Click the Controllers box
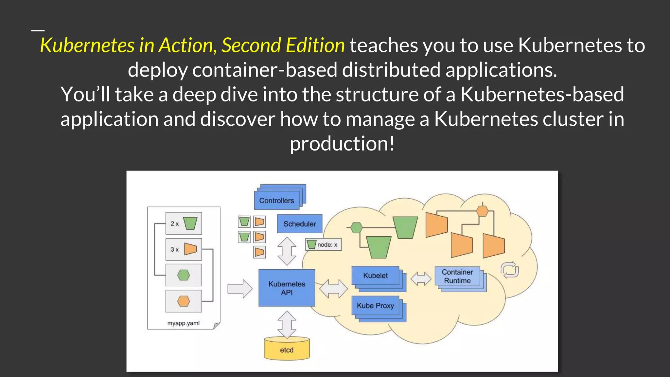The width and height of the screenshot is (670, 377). coord(277,200)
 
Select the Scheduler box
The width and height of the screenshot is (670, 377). coord(300,224)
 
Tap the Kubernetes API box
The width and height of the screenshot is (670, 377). coord(287,288)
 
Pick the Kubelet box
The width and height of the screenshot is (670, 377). coord(375,276)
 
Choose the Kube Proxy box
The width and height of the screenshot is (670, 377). coord(375,306)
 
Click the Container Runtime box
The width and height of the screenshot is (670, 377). coord(457,276)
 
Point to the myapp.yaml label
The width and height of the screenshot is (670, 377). coord(183,323)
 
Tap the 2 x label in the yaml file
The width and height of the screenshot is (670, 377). coord(174,224)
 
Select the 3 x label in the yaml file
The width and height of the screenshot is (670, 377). coord(174,249)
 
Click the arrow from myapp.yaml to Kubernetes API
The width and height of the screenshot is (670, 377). coord(240,289)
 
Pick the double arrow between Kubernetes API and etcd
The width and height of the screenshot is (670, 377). coord(287,324)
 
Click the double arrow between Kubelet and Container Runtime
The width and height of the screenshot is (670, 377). coord(421,279)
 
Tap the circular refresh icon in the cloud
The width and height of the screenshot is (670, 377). coord(510,270)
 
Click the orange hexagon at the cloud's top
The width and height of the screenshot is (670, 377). coord(482,211)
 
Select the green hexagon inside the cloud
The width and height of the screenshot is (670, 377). coord(356,228)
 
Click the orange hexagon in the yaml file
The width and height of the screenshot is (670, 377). coord(184,301)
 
